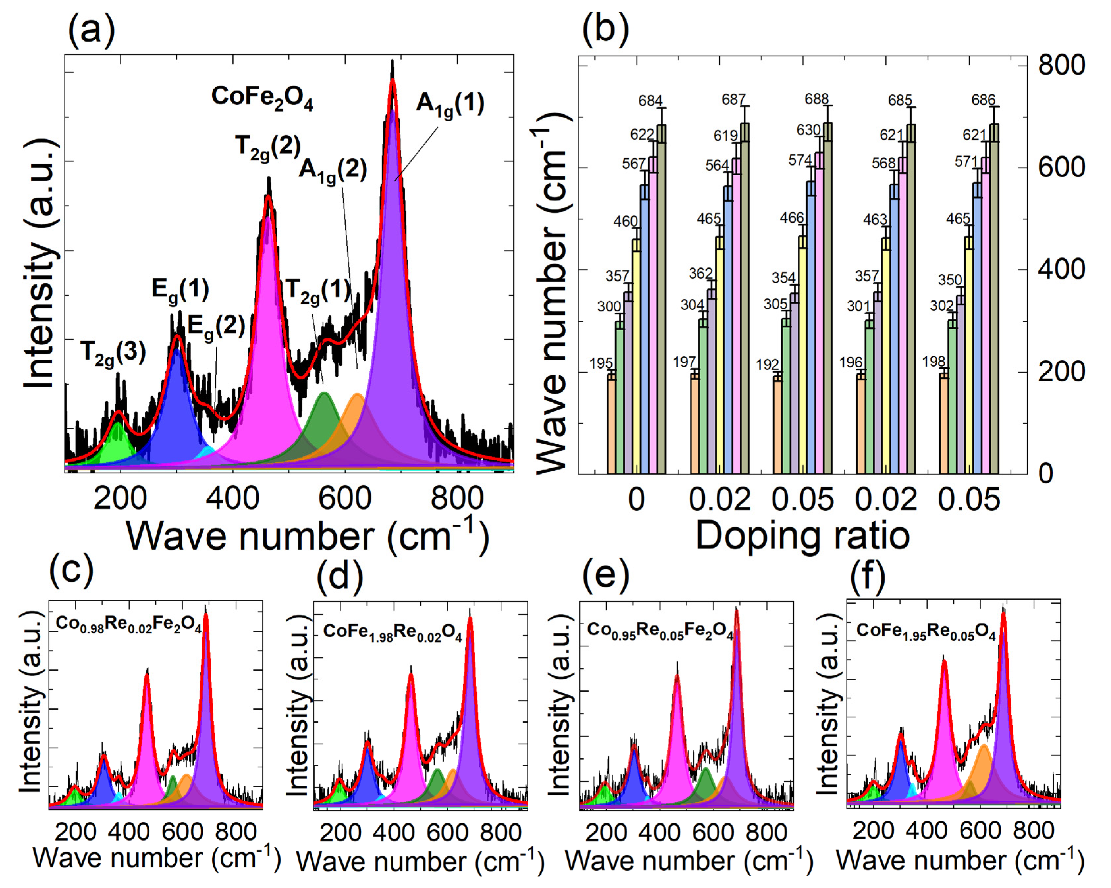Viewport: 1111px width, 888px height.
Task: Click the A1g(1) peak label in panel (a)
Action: pos(450,104)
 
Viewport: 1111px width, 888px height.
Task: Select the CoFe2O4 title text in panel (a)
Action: pos(262,97)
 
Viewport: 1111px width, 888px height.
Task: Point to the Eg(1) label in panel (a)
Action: pos(180,290)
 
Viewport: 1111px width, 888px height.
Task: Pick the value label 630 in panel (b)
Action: pos(808,130)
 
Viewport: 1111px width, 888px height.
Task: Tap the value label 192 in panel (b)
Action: pos(767,365)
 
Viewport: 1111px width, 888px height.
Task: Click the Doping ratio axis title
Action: pos(802,536)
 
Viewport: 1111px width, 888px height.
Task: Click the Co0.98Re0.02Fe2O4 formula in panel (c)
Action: pos(128,625)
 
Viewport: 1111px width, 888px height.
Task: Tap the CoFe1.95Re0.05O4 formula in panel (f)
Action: pos(926,632)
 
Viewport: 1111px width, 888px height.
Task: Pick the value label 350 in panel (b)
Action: pos(950,280)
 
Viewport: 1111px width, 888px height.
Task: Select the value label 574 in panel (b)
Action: pos(800,160)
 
